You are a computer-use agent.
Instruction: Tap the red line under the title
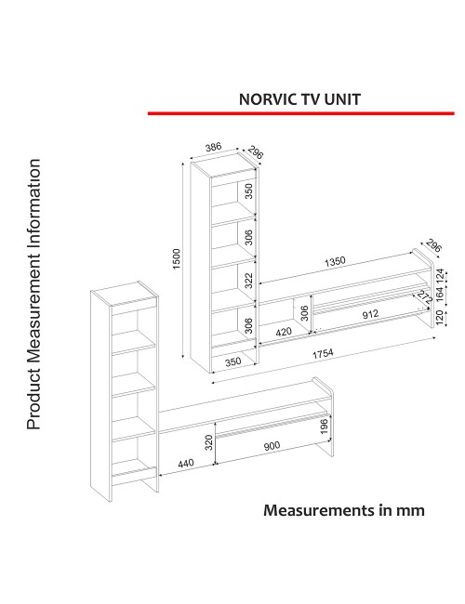[x=300, y=113]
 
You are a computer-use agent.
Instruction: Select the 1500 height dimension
[x=176, y=259]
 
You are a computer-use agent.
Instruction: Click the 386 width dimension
[x=214, y=147]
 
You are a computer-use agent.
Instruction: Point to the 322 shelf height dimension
[x=249, y=281]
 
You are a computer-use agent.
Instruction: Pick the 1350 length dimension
[x=335, y=261]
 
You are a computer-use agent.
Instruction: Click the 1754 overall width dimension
[x=323, y=353]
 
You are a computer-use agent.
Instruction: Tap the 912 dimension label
[x=370, y=314]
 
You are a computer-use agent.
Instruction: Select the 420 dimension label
[x=284, y=332]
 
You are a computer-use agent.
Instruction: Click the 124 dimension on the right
[x=439, y=275]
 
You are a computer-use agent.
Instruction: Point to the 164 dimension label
[x=439, y=295]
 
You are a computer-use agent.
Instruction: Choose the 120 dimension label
[x=439, y=318]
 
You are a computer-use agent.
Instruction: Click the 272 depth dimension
[x=424, y=297]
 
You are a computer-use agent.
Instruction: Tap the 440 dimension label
[x=186, y=463]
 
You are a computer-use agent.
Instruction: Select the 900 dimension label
[x=272, y=446]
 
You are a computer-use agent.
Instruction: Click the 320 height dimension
[x=208, y=442]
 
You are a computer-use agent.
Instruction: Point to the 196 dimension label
[x=325, y=426]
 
